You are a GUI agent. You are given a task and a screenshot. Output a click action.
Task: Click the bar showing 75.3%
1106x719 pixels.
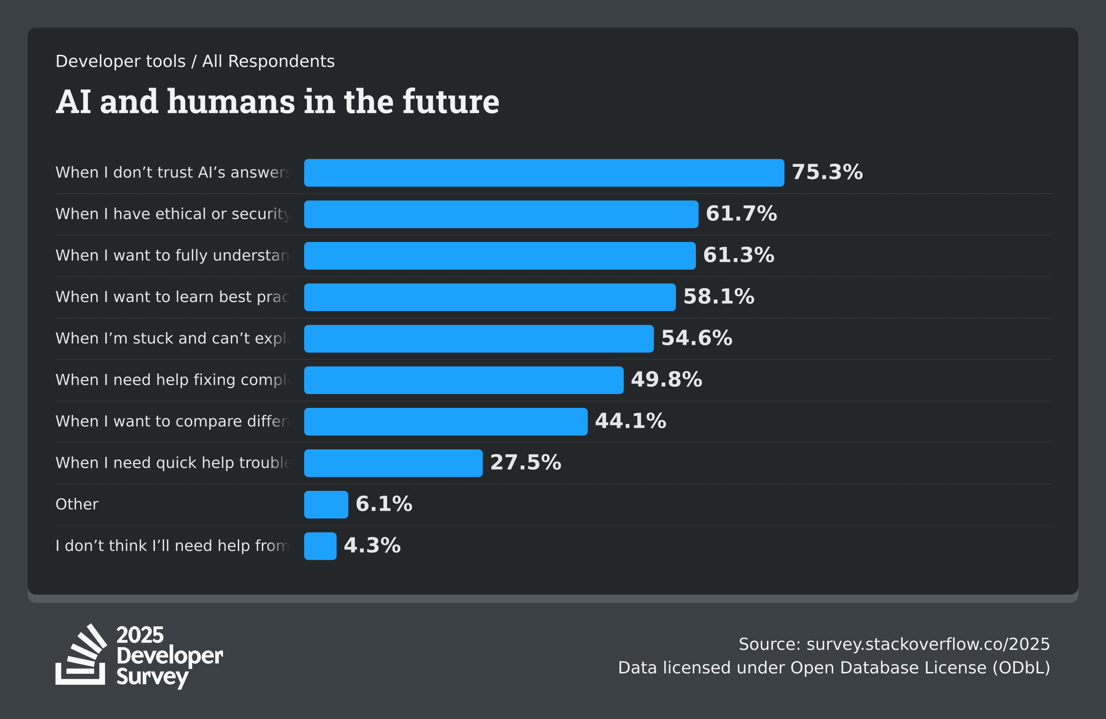pyautogui.click(x=544, y=173)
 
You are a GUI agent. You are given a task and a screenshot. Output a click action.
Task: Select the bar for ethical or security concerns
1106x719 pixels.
pyautogui.click(x=501, y=214)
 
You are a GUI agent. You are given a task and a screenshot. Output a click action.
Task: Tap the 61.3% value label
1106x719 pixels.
pyautogui.click(x=738, y=255)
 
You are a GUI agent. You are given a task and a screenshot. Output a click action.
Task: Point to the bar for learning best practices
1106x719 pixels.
pyautogui.click(x=490, y=297)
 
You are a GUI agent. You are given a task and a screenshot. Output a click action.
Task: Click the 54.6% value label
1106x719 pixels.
pyautogui.click(x=696, y=338)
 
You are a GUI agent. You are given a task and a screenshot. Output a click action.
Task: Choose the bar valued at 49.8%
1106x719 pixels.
pyautogui.click(x=463, y=380)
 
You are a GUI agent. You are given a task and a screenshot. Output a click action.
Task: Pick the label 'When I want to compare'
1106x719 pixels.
pyautogui.click(x=172, y=422)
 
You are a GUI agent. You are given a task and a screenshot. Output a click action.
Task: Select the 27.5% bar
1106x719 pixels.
pyautogui.click(x=393, y=463)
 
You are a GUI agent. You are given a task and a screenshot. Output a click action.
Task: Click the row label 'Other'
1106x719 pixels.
pyautogui.click(x=76, y=504)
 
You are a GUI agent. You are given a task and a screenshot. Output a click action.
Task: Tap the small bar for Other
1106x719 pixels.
pyautogui.click(x=326, y=505)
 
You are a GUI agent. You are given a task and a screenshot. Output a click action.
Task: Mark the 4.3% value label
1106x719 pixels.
pyautogui.click(x=372, y=546)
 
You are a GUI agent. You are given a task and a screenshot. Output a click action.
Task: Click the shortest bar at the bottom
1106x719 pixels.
pyautogui.click(x=320, y=546)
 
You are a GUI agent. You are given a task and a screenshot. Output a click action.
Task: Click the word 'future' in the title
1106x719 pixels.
pyautogui.click(x=450, y=102)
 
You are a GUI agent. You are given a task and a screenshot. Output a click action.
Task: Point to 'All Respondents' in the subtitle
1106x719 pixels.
pyautogui.click(x=268, y=61)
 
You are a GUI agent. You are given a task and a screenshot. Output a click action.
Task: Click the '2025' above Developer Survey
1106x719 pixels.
pyautogui.click(x=140, y=635)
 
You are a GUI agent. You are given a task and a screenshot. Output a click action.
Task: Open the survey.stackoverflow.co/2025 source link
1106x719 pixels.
pyautogui.click(x=928, y=644)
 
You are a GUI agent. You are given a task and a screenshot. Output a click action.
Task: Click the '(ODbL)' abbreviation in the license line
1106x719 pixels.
pyautogui.click(x=1021, y=668)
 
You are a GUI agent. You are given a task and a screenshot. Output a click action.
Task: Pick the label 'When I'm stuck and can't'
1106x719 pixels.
pyautogui.click(x=172, y=338)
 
